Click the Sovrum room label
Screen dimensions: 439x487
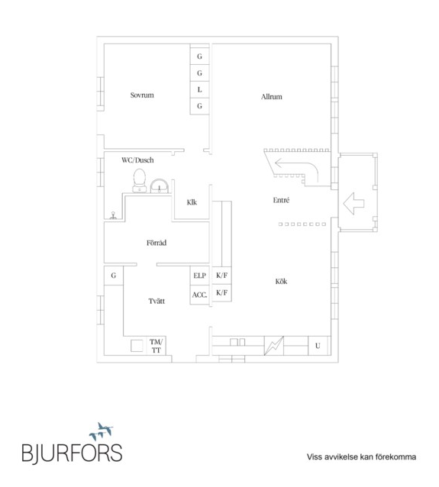[x=142, y=95]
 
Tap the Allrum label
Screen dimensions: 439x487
[x=272, y=97]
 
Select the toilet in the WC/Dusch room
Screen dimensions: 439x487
[x=140, y=181]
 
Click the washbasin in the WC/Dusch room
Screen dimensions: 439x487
[x=160, y=186]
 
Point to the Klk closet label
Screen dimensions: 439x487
[x=192, y=202]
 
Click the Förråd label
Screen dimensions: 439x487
[x=157, y=242]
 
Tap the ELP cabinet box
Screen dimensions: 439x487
[x=199, y=276]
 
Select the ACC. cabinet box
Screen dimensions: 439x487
[x=199, y=295]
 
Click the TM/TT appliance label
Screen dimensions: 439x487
[x=156, y=346]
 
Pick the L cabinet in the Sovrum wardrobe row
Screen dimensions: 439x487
[x=199, y=89]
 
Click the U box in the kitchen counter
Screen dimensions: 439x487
[x=318, y=346]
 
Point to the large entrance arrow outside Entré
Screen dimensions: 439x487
[x=353, y=204]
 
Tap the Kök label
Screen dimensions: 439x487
[x=281, y=282]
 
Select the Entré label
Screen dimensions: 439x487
[x=281, y=200]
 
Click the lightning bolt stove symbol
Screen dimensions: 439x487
[x=274, y=346]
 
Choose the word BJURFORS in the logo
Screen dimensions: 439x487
[x=72, y=453]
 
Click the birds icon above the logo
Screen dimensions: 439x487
[x=102, y=431]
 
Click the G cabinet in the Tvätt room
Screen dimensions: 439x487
[x=114, y=276]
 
